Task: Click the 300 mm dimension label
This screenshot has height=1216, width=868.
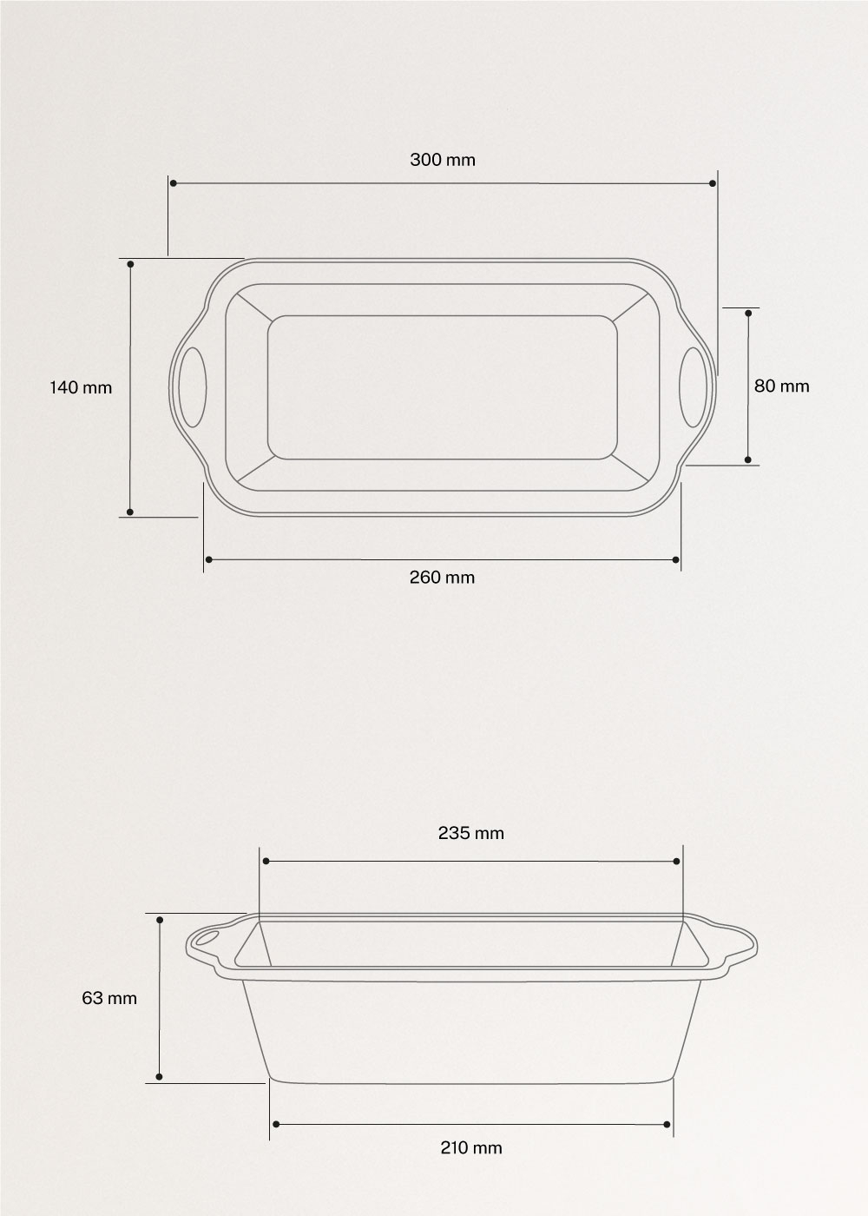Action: (443, 160)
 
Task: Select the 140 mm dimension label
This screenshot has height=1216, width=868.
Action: (81, 387)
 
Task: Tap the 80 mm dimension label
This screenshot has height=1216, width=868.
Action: (781, 386)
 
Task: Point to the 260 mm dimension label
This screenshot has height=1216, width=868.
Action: (443, 577)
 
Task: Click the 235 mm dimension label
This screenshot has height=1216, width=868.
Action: (471, 833)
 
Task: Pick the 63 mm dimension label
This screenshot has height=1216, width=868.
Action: (109, 998)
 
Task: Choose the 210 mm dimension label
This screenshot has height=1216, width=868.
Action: (471, 1147)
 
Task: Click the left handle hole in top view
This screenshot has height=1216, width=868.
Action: (194, 387)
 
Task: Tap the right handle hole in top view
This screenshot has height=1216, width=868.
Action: (693, 387)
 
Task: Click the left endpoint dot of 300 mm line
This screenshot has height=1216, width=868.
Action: (174, 183)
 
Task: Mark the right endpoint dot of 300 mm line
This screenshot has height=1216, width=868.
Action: (713, 183)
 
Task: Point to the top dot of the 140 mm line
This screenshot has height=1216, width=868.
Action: (130, 263)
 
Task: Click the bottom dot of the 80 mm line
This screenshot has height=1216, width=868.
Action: (748, 460)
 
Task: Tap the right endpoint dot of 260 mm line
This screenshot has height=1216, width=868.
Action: (676, 559)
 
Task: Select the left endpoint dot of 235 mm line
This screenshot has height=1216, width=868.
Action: (266, 861)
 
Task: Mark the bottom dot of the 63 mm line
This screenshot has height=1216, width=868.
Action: (160, 1078)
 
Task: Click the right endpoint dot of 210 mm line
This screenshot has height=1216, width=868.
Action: (667, 1125)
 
